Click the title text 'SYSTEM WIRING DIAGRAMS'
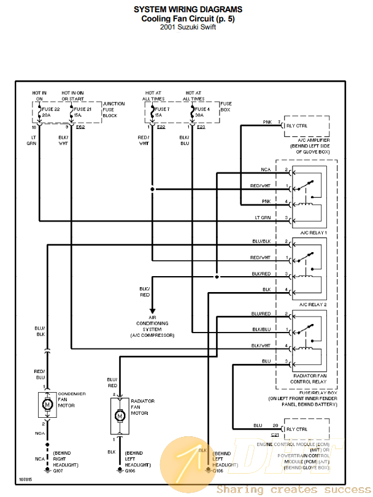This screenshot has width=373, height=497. (x=188, y=9)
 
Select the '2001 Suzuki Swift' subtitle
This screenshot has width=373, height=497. (x=188, y=27)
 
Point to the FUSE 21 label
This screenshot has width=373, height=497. (x=82, y=109)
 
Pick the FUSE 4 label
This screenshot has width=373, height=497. (x=202, y=109)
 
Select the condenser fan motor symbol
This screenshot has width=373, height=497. (x=47, y=404)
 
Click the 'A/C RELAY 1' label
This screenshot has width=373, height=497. (x=313, y=234)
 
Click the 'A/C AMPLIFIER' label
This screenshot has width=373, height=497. (x=310, y=141)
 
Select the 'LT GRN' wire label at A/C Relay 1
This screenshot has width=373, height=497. (x=263, y=218)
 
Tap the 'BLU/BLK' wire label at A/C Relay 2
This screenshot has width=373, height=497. (x=261, y=241)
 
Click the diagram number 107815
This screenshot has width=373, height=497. (x=25, y=479)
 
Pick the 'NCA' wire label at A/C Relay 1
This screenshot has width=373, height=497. (x=266, y=169)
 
